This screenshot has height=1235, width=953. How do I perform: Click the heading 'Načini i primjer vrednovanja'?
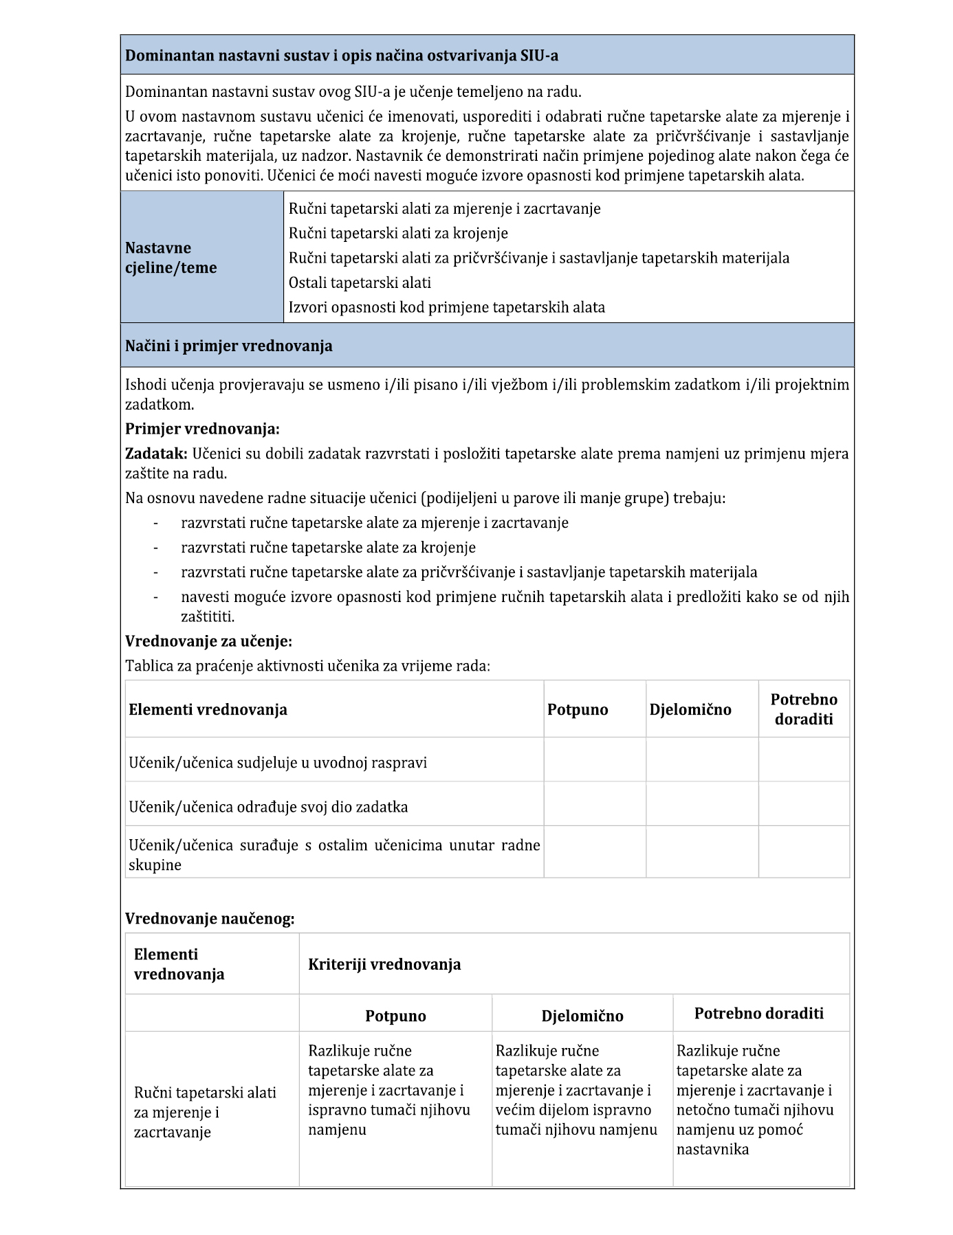tap(228, 346)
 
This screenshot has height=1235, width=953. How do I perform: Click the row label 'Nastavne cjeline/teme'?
tap(171, 258)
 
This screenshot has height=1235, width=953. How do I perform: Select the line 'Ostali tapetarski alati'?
tap(360, 282)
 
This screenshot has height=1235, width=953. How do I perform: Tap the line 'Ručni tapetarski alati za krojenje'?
tap(398, 233)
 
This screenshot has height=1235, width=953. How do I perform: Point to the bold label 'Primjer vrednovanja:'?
tap(202, 429)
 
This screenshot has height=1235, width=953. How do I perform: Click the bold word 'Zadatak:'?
tap(156, 454)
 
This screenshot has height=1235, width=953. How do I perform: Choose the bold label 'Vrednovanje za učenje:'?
tap(208, 641)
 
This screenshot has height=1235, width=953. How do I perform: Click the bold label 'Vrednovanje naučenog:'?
tap(210, 918)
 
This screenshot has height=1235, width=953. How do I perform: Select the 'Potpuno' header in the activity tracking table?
tap(578, 709)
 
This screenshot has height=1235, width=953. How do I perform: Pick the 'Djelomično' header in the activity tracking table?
tap(690, 709)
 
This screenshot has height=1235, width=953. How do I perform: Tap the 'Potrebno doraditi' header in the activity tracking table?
tap(804, 709)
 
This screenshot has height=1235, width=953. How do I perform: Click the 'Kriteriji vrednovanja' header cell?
tap(384, 964)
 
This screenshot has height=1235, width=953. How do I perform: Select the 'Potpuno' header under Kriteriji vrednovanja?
tap(395, 1016)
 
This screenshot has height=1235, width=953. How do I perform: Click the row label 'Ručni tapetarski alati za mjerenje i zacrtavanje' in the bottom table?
tap(205, 1112)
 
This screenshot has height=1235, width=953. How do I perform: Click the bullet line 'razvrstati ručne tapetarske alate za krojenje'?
tap(328, 547)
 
